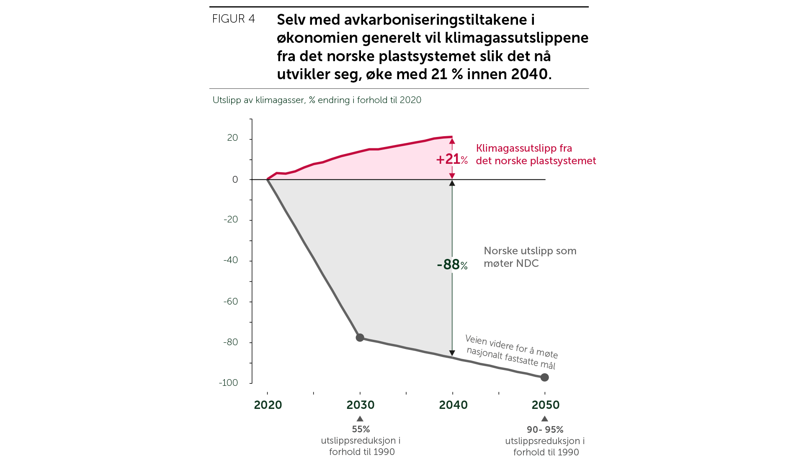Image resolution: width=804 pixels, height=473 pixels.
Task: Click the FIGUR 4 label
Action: click(233, 19)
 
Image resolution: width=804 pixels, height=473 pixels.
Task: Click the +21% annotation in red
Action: click(452, 159)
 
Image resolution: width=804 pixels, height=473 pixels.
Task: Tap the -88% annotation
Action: click(452, 264)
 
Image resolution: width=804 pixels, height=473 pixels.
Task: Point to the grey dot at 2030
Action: click(360, 337)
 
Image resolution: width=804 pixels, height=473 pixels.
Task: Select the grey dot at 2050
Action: click(544, 377)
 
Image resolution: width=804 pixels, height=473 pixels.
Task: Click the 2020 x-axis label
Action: click(268, 405)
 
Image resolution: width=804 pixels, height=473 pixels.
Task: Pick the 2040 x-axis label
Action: click(453, 405)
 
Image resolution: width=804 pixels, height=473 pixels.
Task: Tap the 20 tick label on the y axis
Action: click(232, 138)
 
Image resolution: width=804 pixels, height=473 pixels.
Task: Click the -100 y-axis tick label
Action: click(228, 383)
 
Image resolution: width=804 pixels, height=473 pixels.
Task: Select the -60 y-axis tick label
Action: click(230, 301)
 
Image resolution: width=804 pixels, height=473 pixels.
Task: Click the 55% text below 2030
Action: click(361, 429)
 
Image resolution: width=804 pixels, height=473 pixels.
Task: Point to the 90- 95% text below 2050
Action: click(545, 429)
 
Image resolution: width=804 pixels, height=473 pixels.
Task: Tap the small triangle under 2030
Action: click(360, 419)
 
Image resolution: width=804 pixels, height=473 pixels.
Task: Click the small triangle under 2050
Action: click(544, 419)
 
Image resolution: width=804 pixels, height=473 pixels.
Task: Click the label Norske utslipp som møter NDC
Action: click(530, 257)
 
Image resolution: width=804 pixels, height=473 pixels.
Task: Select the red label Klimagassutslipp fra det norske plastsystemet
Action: click(536, 154)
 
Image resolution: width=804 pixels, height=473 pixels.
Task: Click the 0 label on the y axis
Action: click(235, 180)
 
